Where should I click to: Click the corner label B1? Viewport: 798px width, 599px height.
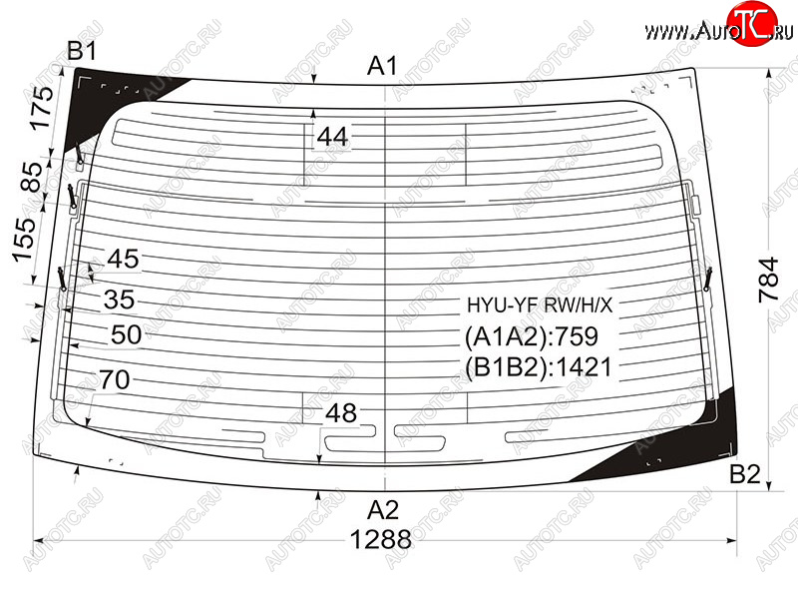[x=82, y=51]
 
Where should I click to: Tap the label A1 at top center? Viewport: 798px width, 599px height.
[x=382, y=66]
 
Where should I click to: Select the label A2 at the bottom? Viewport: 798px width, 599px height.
[x=383, y=509]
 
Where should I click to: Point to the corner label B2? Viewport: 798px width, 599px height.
[x=744, y=474]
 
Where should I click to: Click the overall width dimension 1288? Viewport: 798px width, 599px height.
[x=381, y=539]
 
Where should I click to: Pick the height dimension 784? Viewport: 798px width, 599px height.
[x=768, y=280]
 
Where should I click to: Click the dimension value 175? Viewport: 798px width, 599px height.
[x=39, y=108]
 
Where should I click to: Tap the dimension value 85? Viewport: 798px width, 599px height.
[x=33, y=177]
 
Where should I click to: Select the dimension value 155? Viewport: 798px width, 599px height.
[x=24, y=240]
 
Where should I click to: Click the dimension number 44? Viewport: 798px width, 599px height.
[x=332, y=137]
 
